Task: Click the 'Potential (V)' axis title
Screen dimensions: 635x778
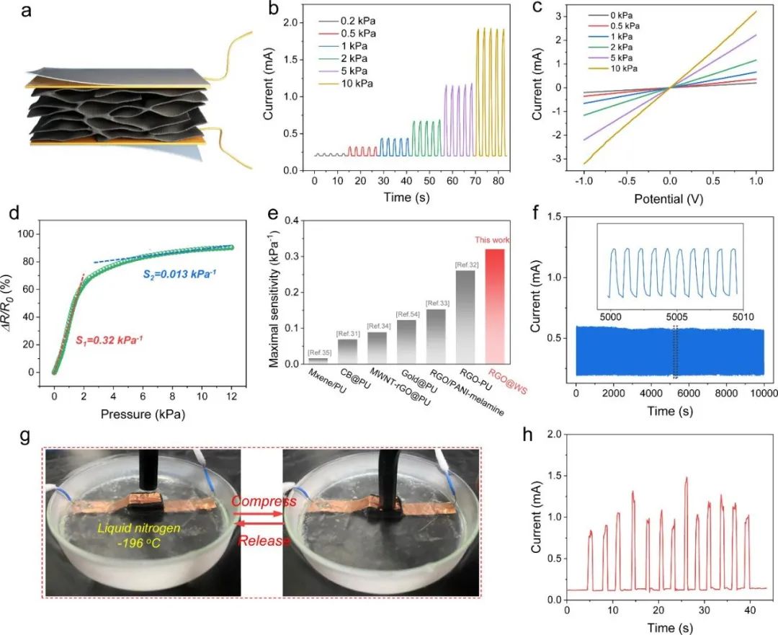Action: click(x=669, y=195)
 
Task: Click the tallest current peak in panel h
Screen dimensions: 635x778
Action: click(x=687, y=479)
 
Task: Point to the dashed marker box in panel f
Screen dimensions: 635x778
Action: click(x=675, y=351)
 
